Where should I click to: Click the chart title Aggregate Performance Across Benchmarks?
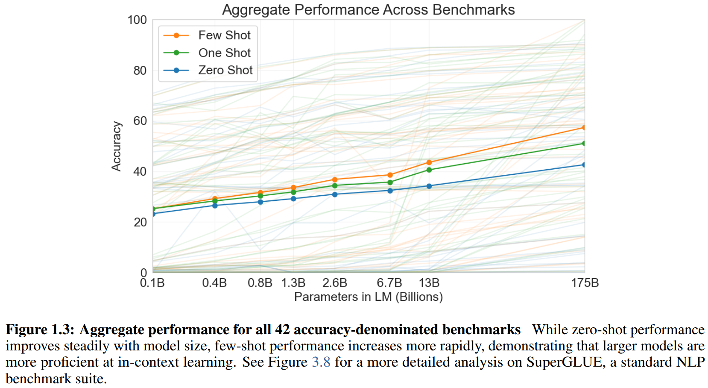[368, 10]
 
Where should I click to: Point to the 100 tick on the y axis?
[137, 20]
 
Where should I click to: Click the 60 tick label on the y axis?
[140, 121]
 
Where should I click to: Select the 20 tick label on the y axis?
[140, 222]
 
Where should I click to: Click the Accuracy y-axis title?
[116, 146]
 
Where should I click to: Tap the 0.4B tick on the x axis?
[214, 283]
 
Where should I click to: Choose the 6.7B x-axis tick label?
[389, 283]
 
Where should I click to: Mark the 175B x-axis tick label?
[585, 283]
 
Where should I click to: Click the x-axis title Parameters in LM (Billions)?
[368, 297]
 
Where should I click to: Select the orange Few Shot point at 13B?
[429, 162]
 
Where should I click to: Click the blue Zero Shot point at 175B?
[584, 165]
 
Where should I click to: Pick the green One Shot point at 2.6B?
[335, 185]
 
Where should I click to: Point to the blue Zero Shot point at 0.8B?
[260, 202]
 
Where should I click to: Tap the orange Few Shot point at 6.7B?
[390, 175]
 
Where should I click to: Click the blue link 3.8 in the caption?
[321, 362]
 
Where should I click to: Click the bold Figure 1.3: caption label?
[40, 330]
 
